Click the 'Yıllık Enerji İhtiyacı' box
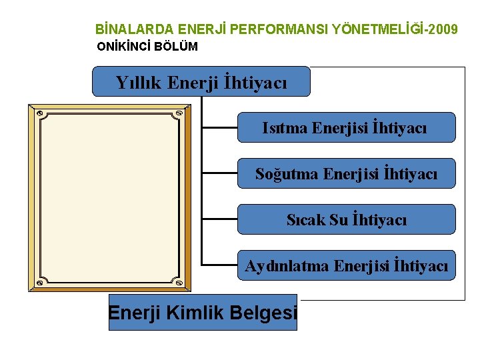pyautogui.click(x=201, y=82)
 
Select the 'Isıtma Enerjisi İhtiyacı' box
pyautogui.click(x=346, y=127)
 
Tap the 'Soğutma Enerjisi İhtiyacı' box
pyautogui.click(x=346, y=173)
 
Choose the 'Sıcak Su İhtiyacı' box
pyautogui.click(x=346, y=219)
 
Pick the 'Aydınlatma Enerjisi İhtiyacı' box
pyautogui.click(x=346, y=265)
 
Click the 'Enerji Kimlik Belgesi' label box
pyautogui.click(x=203, y=312)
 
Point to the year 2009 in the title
pyautogui.click(x=444, y=29)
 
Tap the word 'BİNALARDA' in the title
pyautogui.click(x=133, y=29)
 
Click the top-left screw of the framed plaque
pyautogui.click(x=40, y=114)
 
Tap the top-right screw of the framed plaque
pyautogui.click(x=178, y=114)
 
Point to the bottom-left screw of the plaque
pyautogui.click(x=40, y=283)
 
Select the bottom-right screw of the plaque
pyautogui.click(x=178, y=283)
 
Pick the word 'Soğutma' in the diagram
pyautogui.click(x=286, y=174)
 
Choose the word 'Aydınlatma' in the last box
pyautogui.click(x=287, y=266)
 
